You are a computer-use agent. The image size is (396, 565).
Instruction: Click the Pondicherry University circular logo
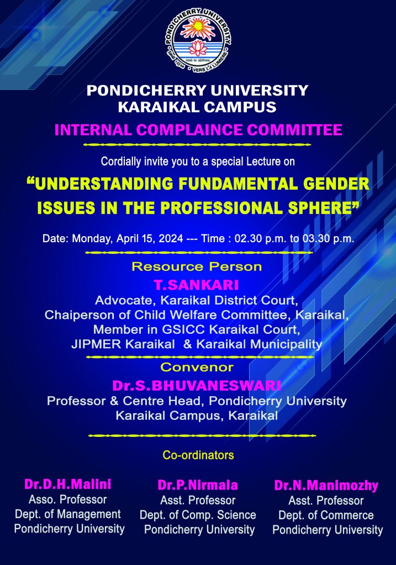click(198, 40)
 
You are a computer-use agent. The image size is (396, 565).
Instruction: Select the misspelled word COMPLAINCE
click(189, 130)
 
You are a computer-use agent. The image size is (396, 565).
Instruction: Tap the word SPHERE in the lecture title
click(323, 208)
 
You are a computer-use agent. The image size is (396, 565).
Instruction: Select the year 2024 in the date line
click(171, 238)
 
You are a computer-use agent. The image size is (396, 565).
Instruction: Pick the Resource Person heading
click(197, 266)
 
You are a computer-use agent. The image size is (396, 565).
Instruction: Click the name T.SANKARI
click(197, 285)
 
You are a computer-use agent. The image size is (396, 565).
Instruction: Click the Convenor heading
click(197, 367)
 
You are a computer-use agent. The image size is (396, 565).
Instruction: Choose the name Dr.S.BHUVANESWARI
click(197, 386)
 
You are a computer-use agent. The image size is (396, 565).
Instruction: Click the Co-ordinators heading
click(198, 455)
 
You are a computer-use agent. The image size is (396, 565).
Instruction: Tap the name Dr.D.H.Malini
click(68, 484)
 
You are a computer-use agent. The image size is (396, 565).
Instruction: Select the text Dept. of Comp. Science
click(198, 515)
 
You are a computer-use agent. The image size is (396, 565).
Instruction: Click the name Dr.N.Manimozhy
click(326, 486)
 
